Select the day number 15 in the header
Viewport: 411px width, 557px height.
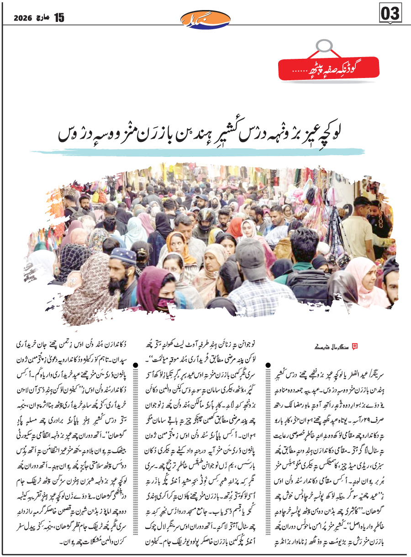click(59, 17)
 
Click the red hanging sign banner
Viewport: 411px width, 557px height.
click(328, 68)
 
